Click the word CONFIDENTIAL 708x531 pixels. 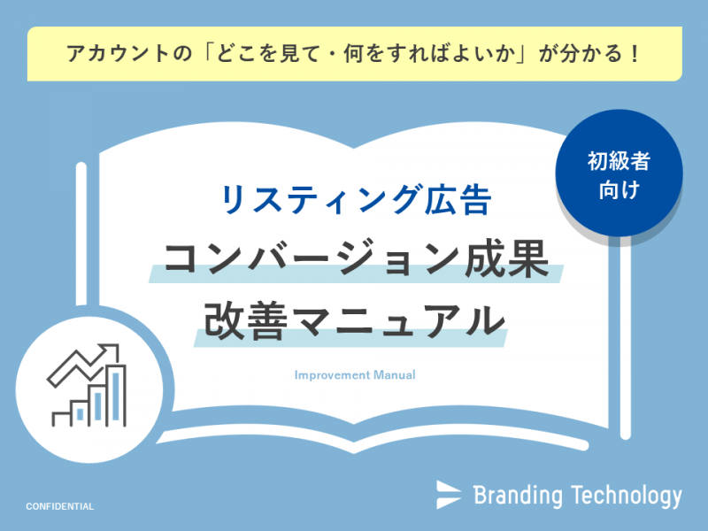tap(59, 506)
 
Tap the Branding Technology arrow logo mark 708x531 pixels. tap(449, 495)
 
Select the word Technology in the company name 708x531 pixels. tap(627, 496)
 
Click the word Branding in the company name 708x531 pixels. tap(518, 496)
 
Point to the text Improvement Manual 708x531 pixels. tap(355, 374)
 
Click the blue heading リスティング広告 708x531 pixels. tap(356, 200)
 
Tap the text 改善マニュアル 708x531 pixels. tap(355, 320)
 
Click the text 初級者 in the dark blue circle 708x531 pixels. tap(619, 161)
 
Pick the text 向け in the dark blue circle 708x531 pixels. tap(619, 189)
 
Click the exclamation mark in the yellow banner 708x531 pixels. tap(635, 54)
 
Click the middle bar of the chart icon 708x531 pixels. tap(98, 405)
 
